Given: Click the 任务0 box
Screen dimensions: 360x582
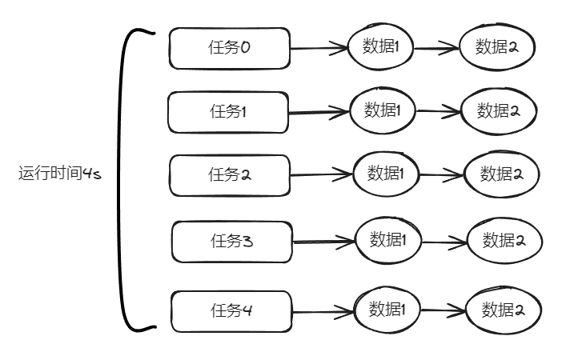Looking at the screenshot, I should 228,49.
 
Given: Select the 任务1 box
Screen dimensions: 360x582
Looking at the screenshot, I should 227,112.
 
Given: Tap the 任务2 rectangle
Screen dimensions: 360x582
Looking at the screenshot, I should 229,175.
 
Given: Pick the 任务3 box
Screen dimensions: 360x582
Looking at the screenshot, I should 231,241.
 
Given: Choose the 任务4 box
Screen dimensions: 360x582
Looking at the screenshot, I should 231,311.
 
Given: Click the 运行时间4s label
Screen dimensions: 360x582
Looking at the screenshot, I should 59,174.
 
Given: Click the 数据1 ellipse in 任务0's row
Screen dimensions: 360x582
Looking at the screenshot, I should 380,46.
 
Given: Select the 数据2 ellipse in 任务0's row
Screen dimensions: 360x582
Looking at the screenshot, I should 496,46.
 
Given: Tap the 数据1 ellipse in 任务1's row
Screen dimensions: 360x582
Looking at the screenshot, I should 382,110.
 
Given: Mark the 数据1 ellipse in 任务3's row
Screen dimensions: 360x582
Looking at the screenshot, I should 388,239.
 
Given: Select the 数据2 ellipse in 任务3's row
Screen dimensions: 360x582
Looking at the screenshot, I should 504,241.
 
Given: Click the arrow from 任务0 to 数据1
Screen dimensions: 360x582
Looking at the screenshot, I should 319,48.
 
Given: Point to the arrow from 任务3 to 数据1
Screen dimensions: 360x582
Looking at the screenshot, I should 323,241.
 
